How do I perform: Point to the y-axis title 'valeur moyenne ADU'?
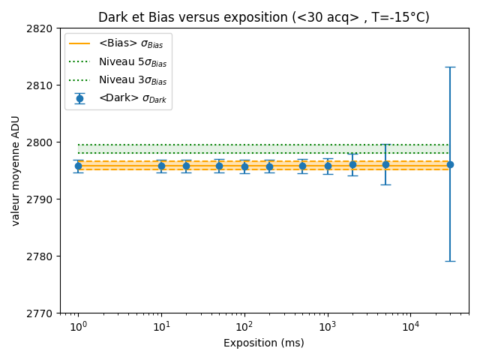point(15,171)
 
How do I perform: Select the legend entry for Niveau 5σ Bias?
point(132,62)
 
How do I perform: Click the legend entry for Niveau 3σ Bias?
point(132,80)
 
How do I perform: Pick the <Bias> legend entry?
point(130,44)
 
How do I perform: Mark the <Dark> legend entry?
point(130,98)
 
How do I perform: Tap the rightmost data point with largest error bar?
point(450,164)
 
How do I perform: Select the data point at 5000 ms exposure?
point(385,164)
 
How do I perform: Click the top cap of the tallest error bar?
point(450,67)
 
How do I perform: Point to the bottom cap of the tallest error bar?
point(450,261)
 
